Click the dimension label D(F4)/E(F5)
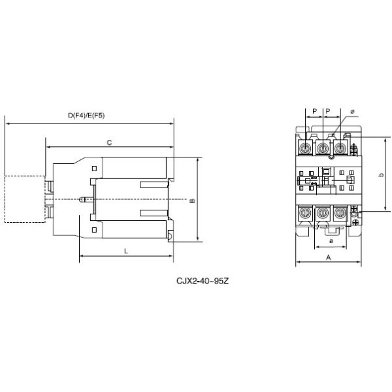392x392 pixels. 86,116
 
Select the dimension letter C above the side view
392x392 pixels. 109,142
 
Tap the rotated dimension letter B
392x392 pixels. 192,201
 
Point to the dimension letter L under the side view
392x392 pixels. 126,252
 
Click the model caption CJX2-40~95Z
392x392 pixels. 203,281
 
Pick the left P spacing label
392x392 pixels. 315,111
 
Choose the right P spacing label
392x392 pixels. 328,111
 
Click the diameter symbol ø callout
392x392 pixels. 352,112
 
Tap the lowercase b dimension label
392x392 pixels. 381,174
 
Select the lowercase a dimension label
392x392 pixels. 331,241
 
